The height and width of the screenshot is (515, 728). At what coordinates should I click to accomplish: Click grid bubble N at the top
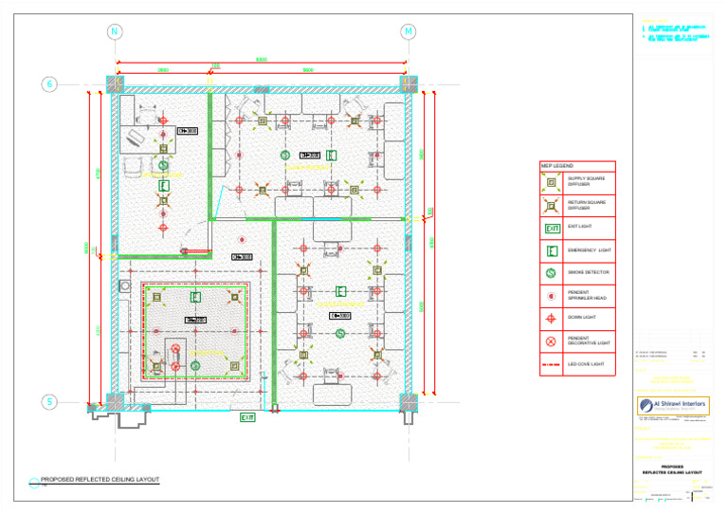coord(115,31)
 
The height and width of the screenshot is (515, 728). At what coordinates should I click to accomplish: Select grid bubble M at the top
coord(408,31)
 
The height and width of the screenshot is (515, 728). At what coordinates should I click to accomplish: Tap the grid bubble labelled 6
coord(48,84)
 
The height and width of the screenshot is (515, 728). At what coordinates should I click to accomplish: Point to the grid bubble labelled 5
coord(48,402)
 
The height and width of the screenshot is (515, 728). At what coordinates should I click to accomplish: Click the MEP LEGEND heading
coord(556,166)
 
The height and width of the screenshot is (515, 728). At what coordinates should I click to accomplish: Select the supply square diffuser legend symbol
coord(553,181)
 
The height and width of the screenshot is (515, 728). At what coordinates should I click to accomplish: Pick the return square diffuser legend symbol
coord(553,204)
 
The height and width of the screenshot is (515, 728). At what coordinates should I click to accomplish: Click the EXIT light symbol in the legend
coord(553,228)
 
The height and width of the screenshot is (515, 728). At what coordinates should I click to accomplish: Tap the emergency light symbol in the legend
coord(553,250)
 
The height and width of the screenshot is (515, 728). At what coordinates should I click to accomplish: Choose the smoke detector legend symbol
coord(553,273)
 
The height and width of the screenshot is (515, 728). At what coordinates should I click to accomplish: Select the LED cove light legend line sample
coord(553,364)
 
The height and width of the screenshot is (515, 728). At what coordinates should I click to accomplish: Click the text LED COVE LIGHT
coord(587,364)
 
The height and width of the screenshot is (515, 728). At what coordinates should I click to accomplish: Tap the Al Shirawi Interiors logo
coord(673,406)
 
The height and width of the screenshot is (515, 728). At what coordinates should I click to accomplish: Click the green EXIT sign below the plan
coord(247,417)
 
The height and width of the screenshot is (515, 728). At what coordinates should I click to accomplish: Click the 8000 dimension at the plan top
coord(262,61)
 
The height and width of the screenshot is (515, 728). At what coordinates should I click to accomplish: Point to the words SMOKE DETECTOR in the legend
coord(588,273)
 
